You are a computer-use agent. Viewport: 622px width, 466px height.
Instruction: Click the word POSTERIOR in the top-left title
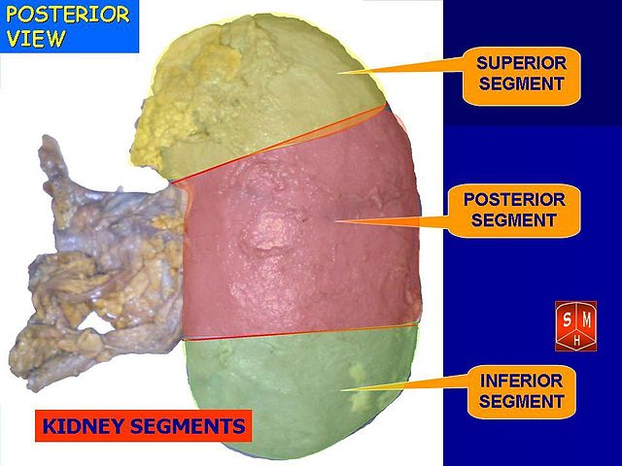[68, 15]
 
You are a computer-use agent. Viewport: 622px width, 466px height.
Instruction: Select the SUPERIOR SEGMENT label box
[521, 74]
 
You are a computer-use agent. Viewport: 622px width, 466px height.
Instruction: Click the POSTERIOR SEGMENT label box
[514, 210]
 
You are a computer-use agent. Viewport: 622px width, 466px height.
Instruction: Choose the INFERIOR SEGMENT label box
[522, 391]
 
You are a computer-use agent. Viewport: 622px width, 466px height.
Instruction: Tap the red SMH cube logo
[575, 326]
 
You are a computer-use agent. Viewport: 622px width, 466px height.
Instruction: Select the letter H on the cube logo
[576, 341]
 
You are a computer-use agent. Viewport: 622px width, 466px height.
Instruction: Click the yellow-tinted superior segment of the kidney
[262, 97]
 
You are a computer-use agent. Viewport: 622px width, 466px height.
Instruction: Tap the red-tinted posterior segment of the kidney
[292, 243]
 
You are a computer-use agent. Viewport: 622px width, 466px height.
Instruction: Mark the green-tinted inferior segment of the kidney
[292, 388]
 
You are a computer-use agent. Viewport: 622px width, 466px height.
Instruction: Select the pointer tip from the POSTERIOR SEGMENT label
[335, 221]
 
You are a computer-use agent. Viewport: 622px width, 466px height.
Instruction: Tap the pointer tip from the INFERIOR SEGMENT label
[340, 392]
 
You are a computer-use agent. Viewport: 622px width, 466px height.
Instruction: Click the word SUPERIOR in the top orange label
[521, 63]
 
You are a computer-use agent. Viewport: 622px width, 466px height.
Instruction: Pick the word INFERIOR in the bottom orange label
[522, 381]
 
